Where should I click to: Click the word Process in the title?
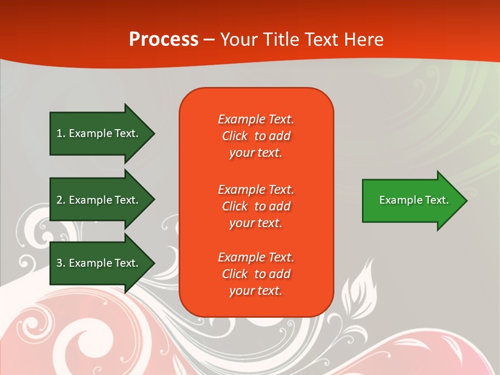(164, 40)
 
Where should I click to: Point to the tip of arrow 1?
(154, 133)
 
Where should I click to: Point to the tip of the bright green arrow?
(466, 200)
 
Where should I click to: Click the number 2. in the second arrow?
(60, 200)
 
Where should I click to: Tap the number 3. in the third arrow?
(60, 263)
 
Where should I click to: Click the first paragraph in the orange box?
(256, 136)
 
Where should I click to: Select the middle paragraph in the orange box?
(256, 206)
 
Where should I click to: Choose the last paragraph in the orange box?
(256, 274)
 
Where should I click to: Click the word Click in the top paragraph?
(235, 136)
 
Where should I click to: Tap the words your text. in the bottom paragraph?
(256, 291)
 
